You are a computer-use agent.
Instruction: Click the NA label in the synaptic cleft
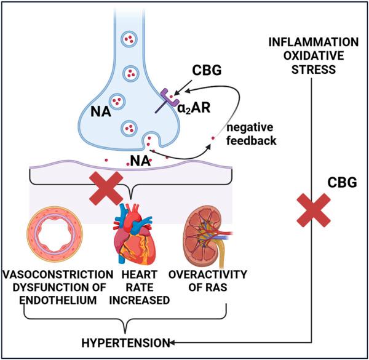click(139, 162)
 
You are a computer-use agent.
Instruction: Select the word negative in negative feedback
click(249, 128)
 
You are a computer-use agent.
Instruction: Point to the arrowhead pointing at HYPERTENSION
click(175, 342)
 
